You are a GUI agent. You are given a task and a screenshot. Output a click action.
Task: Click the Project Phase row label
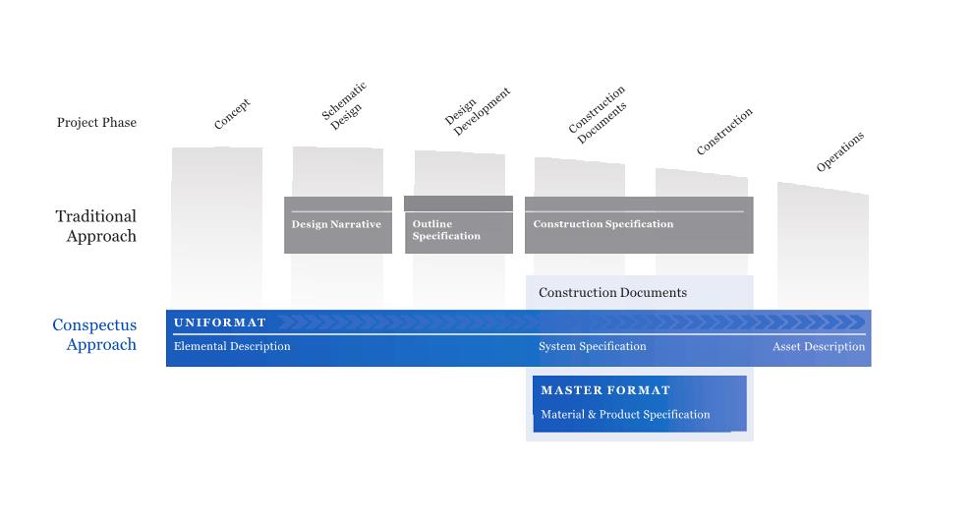[96, 123]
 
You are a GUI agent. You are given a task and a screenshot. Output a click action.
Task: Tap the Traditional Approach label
[95, 226]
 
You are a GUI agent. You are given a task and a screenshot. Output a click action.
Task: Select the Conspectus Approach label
[94, 334]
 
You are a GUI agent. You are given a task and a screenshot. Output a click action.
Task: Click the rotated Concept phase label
[232, 114]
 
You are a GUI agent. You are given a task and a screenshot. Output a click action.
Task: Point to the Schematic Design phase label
[344, 106]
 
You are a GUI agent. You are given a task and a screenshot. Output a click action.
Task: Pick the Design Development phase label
[478, 111]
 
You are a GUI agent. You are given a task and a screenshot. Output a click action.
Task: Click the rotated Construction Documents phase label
[597, 115]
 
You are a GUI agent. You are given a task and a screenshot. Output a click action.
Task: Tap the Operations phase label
[840, 151]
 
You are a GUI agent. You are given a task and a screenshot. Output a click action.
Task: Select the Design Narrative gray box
[338, 225]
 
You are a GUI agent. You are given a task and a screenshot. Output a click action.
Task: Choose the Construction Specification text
[603, 224]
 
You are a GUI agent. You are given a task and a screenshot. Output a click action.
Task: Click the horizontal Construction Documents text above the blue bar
[612, 293]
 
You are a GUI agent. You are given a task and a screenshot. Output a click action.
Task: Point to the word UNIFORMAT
[220, 322]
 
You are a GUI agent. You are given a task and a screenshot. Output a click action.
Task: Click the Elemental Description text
[232, 346]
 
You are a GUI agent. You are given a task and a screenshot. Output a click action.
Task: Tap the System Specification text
[592, 346]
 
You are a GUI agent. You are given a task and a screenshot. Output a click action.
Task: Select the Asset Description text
[819, 347]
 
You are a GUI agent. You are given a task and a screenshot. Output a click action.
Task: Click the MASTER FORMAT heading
[605, 390]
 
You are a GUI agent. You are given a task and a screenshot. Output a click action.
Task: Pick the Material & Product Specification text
[625, 415]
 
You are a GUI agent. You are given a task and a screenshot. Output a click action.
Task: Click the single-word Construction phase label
[724, 131]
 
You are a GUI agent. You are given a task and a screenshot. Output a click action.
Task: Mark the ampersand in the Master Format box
[592, 415]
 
